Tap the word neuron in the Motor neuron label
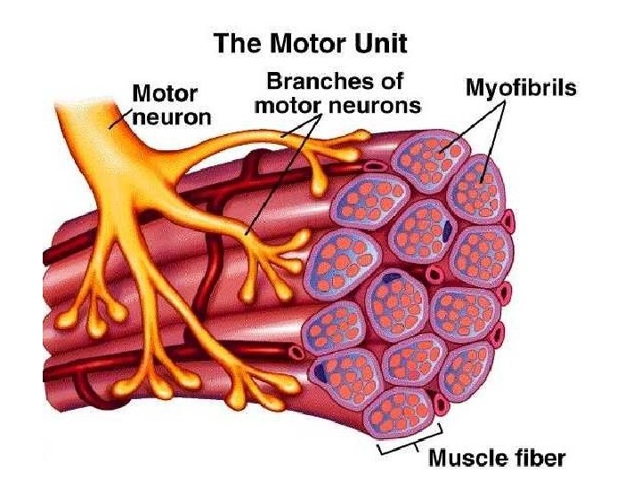171,116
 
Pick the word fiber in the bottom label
539,459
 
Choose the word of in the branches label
389,83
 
